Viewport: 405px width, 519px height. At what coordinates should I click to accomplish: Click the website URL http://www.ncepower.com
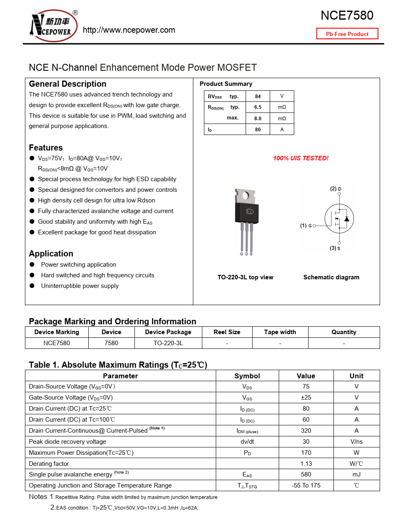point(129,30)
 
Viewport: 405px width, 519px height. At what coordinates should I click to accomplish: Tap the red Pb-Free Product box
point(347,34)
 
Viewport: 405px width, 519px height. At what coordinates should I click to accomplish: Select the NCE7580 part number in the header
point(347,16)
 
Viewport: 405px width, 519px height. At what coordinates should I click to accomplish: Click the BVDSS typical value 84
point(258,97)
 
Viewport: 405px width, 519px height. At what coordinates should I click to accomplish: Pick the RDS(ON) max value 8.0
point(258,119)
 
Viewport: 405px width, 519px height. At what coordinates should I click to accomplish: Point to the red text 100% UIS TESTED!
point(301,158)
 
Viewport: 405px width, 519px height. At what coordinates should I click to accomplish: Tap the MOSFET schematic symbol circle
point(339,218)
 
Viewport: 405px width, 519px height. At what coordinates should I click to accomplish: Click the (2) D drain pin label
point(336,189)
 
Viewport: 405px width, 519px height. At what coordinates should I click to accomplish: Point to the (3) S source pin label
point(335,248)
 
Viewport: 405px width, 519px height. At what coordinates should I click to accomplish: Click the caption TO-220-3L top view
point(245,277)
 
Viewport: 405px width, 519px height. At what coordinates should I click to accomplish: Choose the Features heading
point(46,148)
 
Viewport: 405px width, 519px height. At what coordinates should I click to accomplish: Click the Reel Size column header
point(227,332)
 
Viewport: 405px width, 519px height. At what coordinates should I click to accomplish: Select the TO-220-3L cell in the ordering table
point(168,343)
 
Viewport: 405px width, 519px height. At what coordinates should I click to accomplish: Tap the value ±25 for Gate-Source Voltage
point(306,398)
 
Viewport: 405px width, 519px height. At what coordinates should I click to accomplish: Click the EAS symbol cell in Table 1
point(247,475)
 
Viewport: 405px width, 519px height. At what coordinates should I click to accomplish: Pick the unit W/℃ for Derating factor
point(356,464)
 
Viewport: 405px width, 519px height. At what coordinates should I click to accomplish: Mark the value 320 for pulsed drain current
point(306,431)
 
